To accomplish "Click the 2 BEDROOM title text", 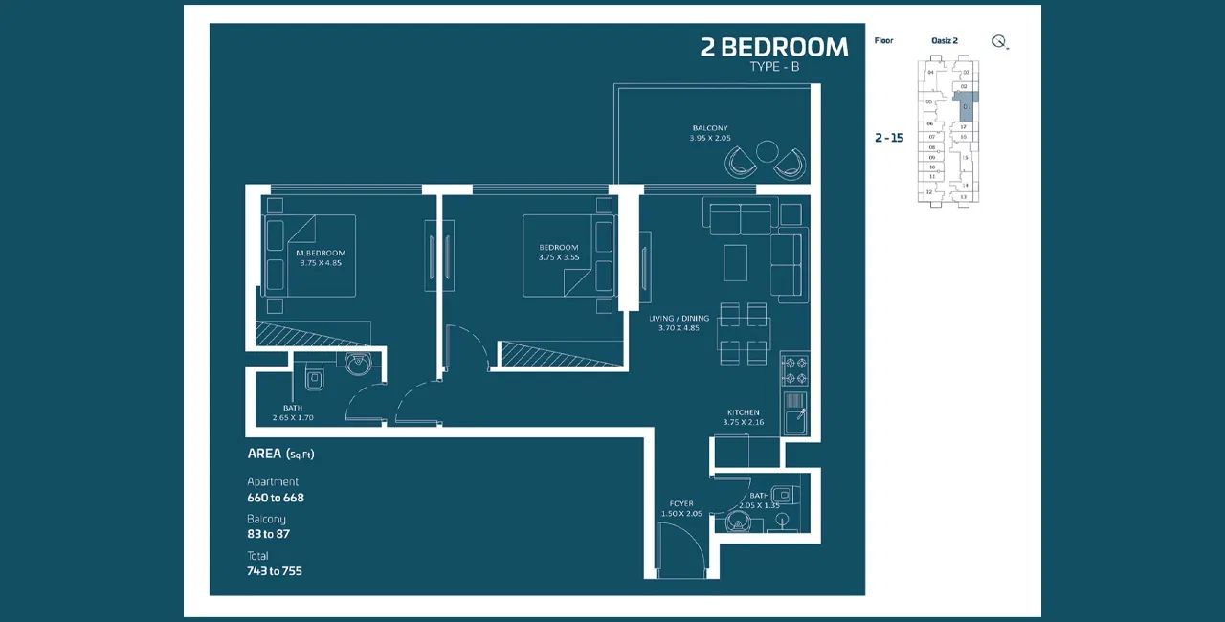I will point(773,47).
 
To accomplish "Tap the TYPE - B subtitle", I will point(774,67).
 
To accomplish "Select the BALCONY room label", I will point(710,128).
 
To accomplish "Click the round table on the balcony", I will point(768,152).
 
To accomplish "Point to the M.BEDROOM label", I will point(320,253).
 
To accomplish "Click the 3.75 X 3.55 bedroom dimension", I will point(558,257).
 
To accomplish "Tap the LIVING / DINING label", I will point(679,318).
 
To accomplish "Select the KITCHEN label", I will point(743,412).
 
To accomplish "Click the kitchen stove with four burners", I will point(794,369).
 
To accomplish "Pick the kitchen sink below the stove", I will point(794,420).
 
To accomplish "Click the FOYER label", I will point(681,503).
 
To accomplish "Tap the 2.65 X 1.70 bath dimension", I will point(293,418).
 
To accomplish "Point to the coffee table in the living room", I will point(735,262).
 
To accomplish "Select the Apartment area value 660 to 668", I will point(276,498).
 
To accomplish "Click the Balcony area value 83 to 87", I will point(268,534).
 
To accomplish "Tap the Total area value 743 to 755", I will point(275,571).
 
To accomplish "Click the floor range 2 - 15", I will point(889,138).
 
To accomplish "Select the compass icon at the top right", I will point(1000,41).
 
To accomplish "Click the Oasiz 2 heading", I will point(944,41).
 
